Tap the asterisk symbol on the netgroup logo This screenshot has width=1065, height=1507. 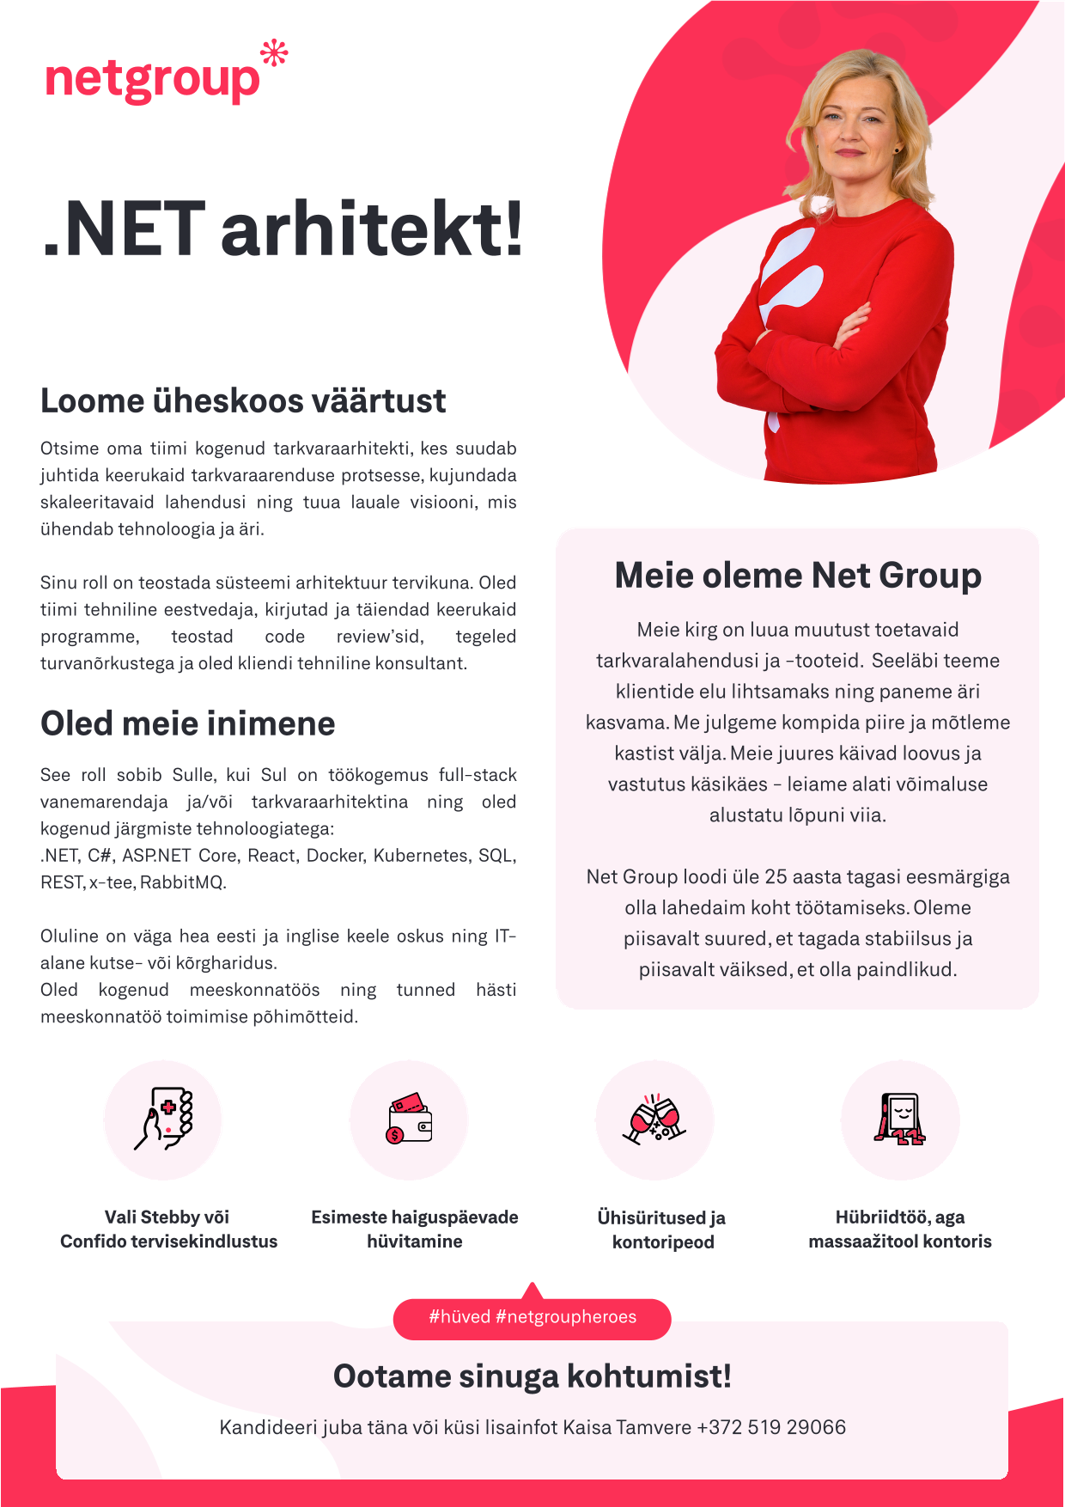tap(274, 53)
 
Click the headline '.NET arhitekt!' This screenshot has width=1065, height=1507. tap(283, 229)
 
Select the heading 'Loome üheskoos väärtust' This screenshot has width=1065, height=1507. tap(243, 401)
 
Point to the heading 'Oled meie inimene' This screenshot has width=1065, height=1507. tap(187, 723)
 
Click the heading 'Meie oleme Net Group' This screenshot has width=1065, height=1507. tap(798, 576)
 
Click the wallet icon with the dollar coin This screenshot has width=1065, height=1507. tap(409, 1119)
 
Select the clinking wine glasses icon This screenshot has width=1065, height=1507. tap(654, 1119)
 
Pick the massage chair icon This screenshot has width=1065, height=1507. tap(899, 1119)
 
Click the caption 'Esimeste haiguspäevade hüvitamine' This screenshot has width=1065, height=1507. tap(415, 1229)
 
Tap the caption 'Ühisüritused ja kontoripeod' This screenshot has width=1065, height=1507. tap(662, 1229)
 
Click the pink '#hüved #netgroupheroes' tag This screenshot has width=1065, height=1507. tap(532, 1317)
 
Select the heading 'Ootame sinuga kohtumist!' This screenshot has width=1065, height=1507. tap(532, 1376)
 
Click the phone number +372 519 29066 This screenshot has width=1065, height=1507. tap(771, 1427)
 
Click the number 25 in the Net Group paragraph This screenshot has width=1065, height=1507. tap(776, 876)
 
